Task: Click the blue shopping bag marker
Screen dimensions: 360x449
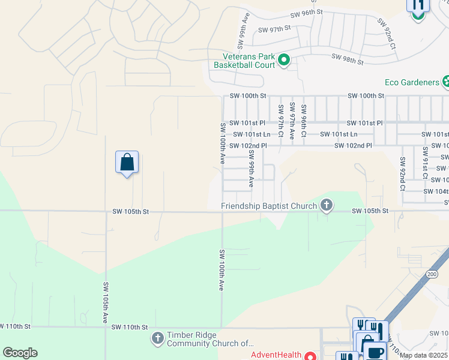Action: [127, 163]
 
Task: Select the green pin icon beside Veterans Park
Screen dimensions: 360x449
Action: [284, 59]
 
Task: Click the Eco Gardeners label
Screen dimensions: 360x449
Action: [412, 82]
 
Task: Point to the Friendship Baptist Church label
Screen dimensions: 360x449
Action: [269, 206]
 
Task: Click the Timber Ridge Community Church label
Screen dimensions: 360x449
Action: [211, 340]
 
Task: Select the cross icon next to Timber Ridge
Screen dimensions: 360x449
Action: [158, 339]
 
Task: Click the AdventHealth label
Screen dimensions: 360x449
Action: [276, 355]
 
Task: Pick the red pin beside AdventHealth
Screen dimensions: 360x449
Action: [310, 356]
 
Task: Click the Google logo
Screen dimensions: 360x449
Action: [20, 353]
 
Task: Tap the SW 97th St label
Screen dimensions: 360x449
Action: [274, 29]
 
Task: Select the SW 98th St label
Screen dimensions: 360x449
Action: [348, 59]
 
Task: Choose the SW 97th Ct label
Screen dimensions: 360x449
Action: [280, 120]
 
